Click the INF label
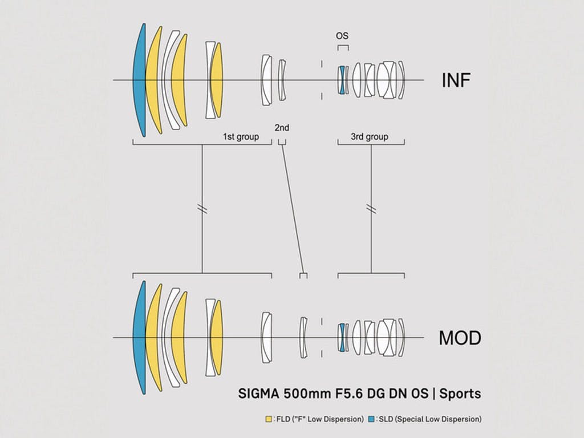[x=456, y=80]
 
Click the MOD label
[x=460, y=338]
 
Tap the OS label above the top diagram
[x=342, y=36]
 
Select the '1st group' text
[x=241, y=137]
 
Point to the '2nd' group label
[x=282, y=128]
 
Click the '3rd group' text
[x=370, y=137]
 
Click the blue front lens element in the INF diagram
[x=139, y=80]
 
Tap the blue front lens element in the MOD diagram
[x=139, y=338]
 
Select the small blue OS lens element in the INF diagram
[x=342, y=80]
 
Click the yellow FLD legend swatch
[x=269, y=419]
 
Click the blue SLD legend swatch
[x=371, y=419]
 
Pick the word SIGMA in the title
[x=258, y=394]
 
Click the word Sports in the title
[x=460, y=394]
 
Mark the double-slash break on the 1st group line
[x=202, y=209]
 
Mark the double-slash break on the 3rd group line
[x=371, y=209]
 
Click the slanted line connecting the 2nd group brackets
[x=294, y=209]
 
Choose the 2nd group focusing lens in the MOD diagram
[x=304, y=338]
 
